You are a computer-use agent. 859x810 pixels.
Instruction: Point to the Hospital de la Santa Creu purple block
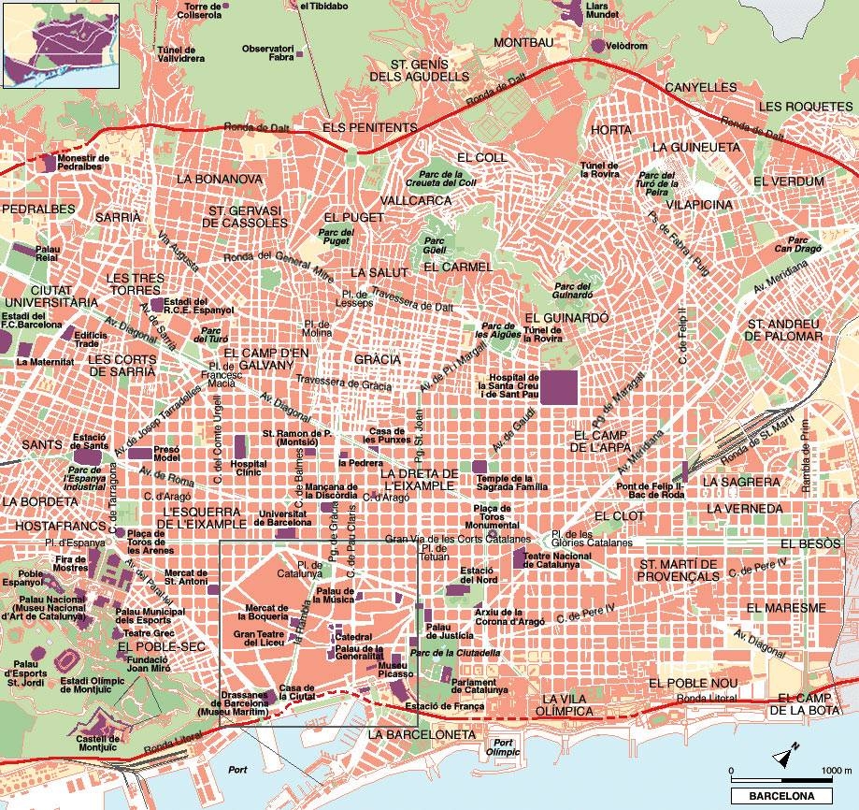560,387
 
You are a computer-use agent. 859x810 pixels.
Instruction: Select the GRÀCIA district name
378,359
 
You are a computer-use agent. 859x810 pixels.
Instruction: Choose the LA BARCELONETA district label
422,735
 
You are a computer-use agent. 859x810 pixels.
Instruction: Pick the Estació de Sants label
91,440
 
